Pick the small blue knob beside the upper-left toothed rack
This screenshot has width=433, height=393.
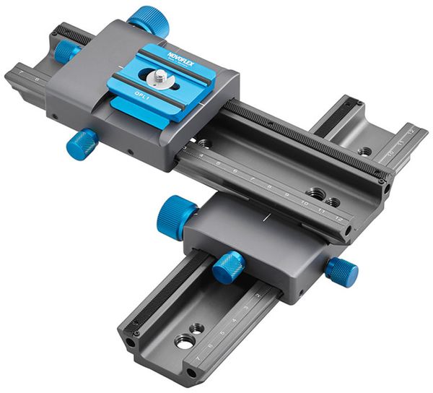67,50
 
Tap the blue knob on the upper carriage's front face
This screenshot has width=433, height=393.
82,143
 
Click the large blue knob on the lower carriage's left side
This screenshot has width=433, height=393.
176,216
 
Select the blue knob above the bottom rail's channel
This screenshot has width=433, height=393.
229,266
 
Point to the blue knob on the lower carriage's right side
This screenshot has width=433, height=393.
341,272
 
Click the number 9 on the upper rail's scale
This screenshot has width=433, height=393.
287,195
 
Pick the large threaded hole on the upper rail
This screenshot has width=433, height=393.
315,193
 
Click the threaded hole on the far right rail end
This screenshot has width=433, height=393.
365,152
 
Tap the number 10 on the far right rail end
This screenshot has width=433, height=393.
390,154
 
